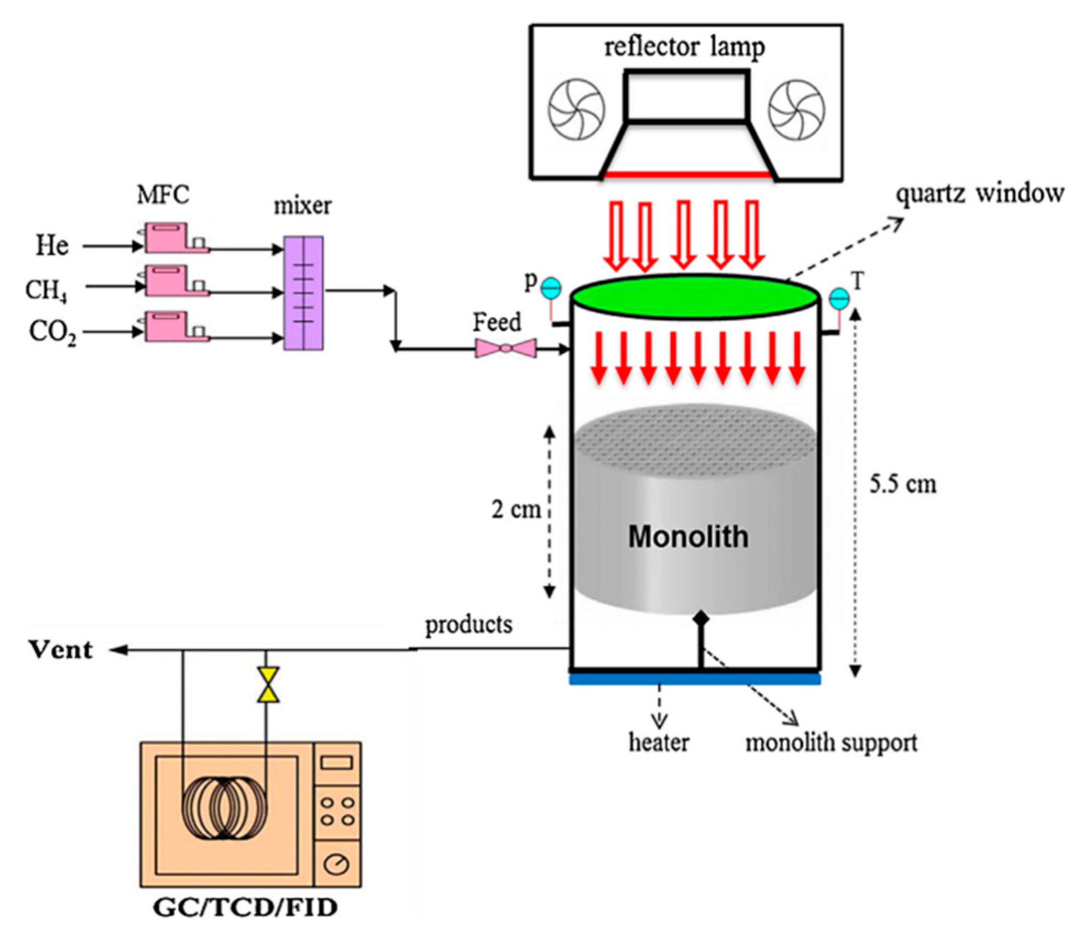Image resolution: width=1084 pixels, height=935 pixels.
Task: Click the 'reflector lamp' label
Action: point(684,47)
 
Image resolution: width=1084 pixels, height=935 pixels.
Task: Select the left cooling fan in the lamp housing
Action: point(576,109)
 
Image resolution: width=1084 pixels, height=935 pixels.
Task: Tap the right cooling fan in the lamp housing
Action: point(796,110)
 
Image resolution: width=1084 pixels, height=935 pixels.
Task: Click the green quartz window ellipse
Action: point(694,296)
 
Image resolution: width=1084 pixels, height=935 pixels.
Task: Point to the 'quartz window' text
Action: point(980,194)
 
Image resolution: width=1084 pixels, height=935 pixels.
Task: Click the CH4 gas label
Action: point(47,290)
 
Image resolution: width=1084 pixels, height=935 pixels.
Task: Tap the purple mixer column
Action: point(303,293)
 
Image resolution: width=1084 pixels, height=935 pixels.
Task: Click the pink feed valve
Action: point(505,348)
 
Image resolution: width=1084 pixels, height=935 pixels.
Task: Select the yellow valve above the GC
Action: point(268,685)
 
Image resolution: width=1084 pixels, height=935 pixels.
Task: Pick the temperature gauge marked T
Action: point(839,299)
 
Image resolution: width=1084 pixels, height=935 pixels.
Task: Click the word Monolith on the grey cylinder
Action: point(688,536)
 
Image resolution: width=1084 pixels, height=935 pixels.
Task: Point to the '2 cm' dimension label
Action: point(516,509)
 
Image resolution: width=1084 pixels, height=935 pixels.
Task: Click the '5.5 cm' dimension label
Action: point(903,485)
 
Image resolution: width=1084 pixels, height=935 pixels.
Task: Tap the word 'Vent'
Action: point(60,650)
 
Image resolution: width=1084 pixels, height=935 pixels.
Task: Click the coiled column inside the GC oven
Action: point(224,809)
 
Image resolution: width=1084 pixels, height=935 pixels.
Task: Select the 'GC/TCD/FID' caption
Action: point(245,908)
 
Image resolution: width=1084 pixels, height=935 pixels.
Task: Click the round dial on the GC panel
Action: point(336,864)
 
